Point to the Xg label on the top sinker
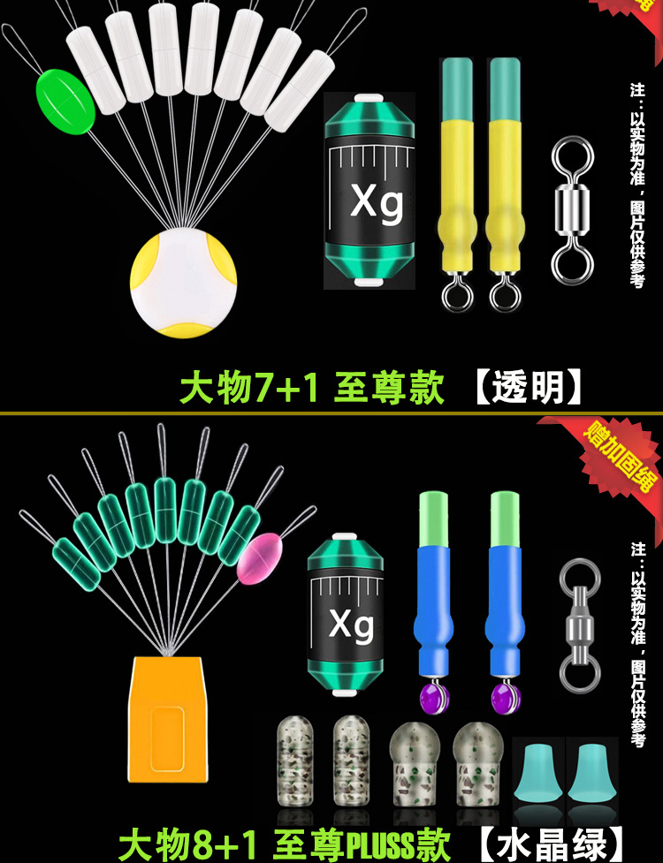tap(377, 202)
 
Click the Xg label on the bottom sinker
tap(351, 625)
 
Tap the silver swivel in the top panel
tap(568, 204)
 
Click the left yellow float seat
tap(457, 185)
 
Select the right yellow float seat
tap(504, 185)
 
